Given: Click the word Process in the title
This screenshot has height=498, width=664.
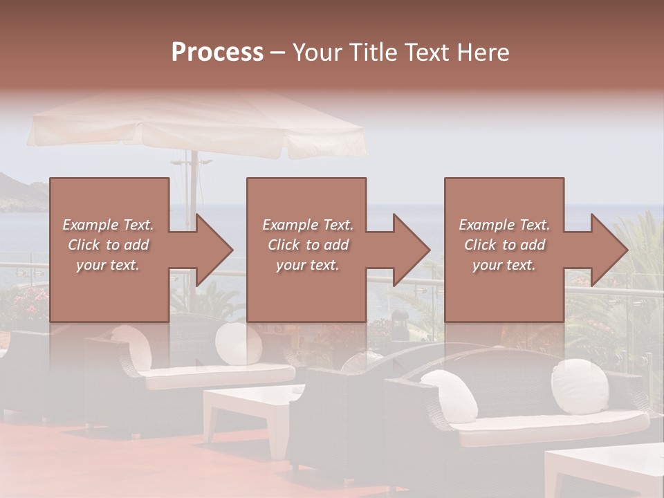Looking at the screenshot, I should tap(217, 53).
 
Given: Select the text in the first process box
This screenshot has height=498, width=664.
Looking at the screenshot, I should tap(108, 245).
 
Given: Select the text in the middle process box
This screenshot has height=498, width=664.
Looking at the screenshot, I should tap(307, 245).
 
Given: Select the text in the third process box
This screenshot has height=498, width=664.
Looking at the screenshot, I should tap(504, 245).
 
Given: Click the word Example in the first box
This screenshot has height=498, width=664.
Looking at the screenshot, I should tap(91, 225).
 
